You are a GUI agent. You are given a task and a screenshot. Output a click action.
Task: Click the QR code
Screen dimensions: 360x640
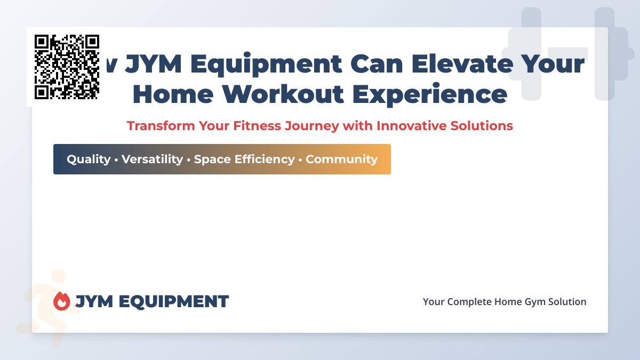[67, 67]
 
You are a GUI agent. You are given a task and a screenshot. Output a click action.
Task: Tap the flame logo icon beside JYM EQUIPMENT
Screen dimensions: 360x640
[62, 301]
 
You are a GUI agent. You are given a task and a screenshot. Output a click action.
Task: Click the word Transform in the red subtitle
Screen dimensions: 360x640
[160, 126]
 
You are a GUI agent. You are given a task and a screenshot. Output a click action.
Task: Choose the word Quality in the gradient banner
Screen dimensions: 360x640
[89, 159]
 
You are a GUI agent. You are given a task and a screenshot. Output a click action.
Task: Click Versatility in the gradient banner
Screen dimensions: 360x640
[152, 159]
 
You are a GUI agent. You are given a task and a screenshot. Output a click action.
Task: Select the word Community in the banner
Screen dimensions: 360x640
[341, 159]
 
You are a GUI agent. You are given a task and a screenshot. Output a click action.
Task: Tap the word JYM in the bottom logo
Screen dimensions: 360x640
[94, 301]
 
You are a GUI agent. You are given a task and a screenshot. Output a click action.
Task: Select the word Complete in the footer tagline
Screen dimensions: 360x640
[469, 302]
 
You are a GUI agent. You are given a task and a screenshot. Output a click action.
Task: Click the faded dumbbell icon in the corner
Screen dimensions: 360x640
[568, 53]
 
